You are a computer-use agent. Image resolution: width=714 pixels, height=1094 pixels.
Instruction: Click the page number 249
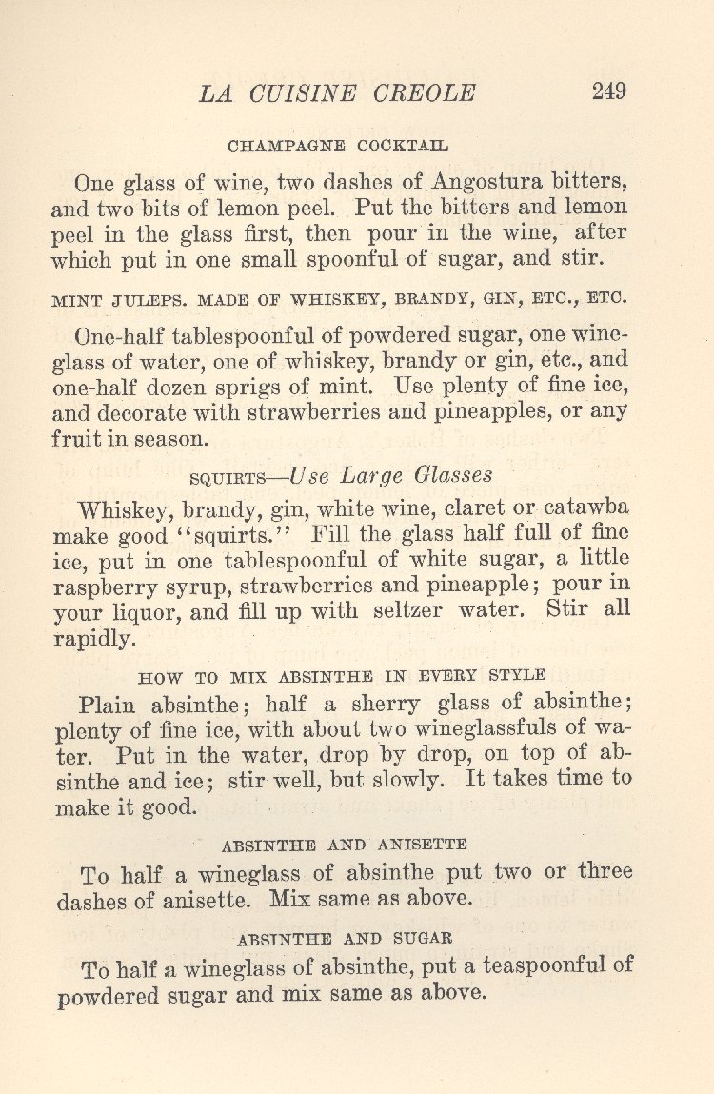(x=608, y=91)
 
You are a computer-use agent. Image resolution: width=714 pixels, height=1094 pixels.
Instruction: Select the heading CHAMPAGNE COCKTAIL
(x=338, y=147)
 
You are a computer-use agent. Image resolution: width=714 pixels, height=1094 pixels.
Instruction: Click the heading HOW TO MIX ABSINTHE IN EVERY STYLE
(x=343, y=677)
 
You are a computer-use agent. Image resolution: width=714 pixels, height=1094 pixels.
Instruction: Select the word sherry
(x=384, y=705)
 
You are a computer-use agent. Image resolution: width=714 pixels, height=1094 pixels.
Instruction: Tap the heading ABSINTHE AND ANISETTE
(x=344, y=845)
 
